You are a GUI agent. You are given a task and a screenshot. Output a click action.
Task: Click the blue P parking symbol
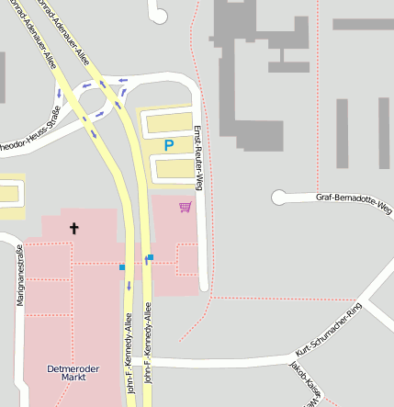[168, 145]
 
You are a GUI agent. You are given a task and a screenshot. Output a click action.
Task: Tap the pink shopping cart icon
[186, 207]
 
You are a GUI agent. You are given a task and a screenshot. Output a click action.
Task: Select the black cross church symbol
[74, 227]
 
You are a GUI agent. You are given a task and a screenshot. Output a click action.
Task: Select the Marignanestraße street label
[19, 277]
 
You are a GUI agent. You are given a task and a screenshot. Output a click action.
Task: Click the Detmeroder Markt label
[72, 373]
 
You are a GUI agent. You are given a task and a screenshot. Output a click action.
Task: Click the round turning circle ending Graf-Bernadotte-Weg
[280, 197]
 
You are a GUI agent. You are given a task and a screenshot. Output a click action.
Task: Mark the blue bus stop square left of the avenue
[121, 267]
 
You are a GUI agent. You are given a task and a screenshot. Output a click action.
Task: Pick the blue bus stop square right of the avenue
[151, 257]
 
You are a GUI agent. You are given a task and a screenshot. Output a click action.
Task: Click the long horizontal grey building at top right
[362, 25]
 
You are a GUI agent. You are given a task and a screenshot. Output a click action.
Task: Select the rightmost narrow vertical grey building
[384, 133]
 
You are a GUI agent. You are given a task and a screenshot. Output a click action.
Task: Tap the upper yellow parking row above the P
[170, 122]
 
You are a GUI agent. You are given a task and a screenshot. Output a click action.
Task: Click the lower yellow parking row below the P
[173, 167]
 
